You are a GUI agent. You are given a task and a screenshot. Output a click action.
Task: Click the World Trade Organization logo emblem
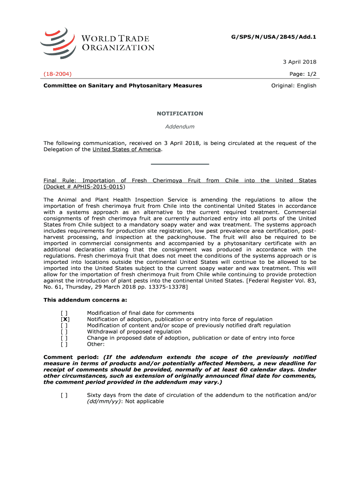point(58,43)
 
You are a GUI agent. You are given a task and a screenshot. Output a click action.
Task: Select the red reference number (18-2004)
point(58,74)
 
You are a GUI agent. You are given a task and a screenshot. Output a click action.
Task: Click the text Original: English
point(294,86)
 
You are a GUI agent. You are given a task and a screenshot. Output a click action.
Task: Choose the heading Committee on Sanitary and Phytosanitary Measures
point(123,86)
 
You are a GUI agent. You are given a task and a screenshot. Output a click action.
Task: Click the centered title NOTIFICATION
point(180,114)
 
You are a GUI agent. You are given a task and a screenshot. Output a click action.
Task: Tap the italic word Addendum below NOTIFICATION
point(180,126)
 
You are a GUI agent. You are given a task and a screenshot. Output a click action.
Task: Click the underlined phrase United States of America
point(127,149)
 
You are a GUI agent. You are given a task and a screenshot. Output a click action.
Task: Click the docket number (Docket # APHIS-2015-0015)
point(84,187)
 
